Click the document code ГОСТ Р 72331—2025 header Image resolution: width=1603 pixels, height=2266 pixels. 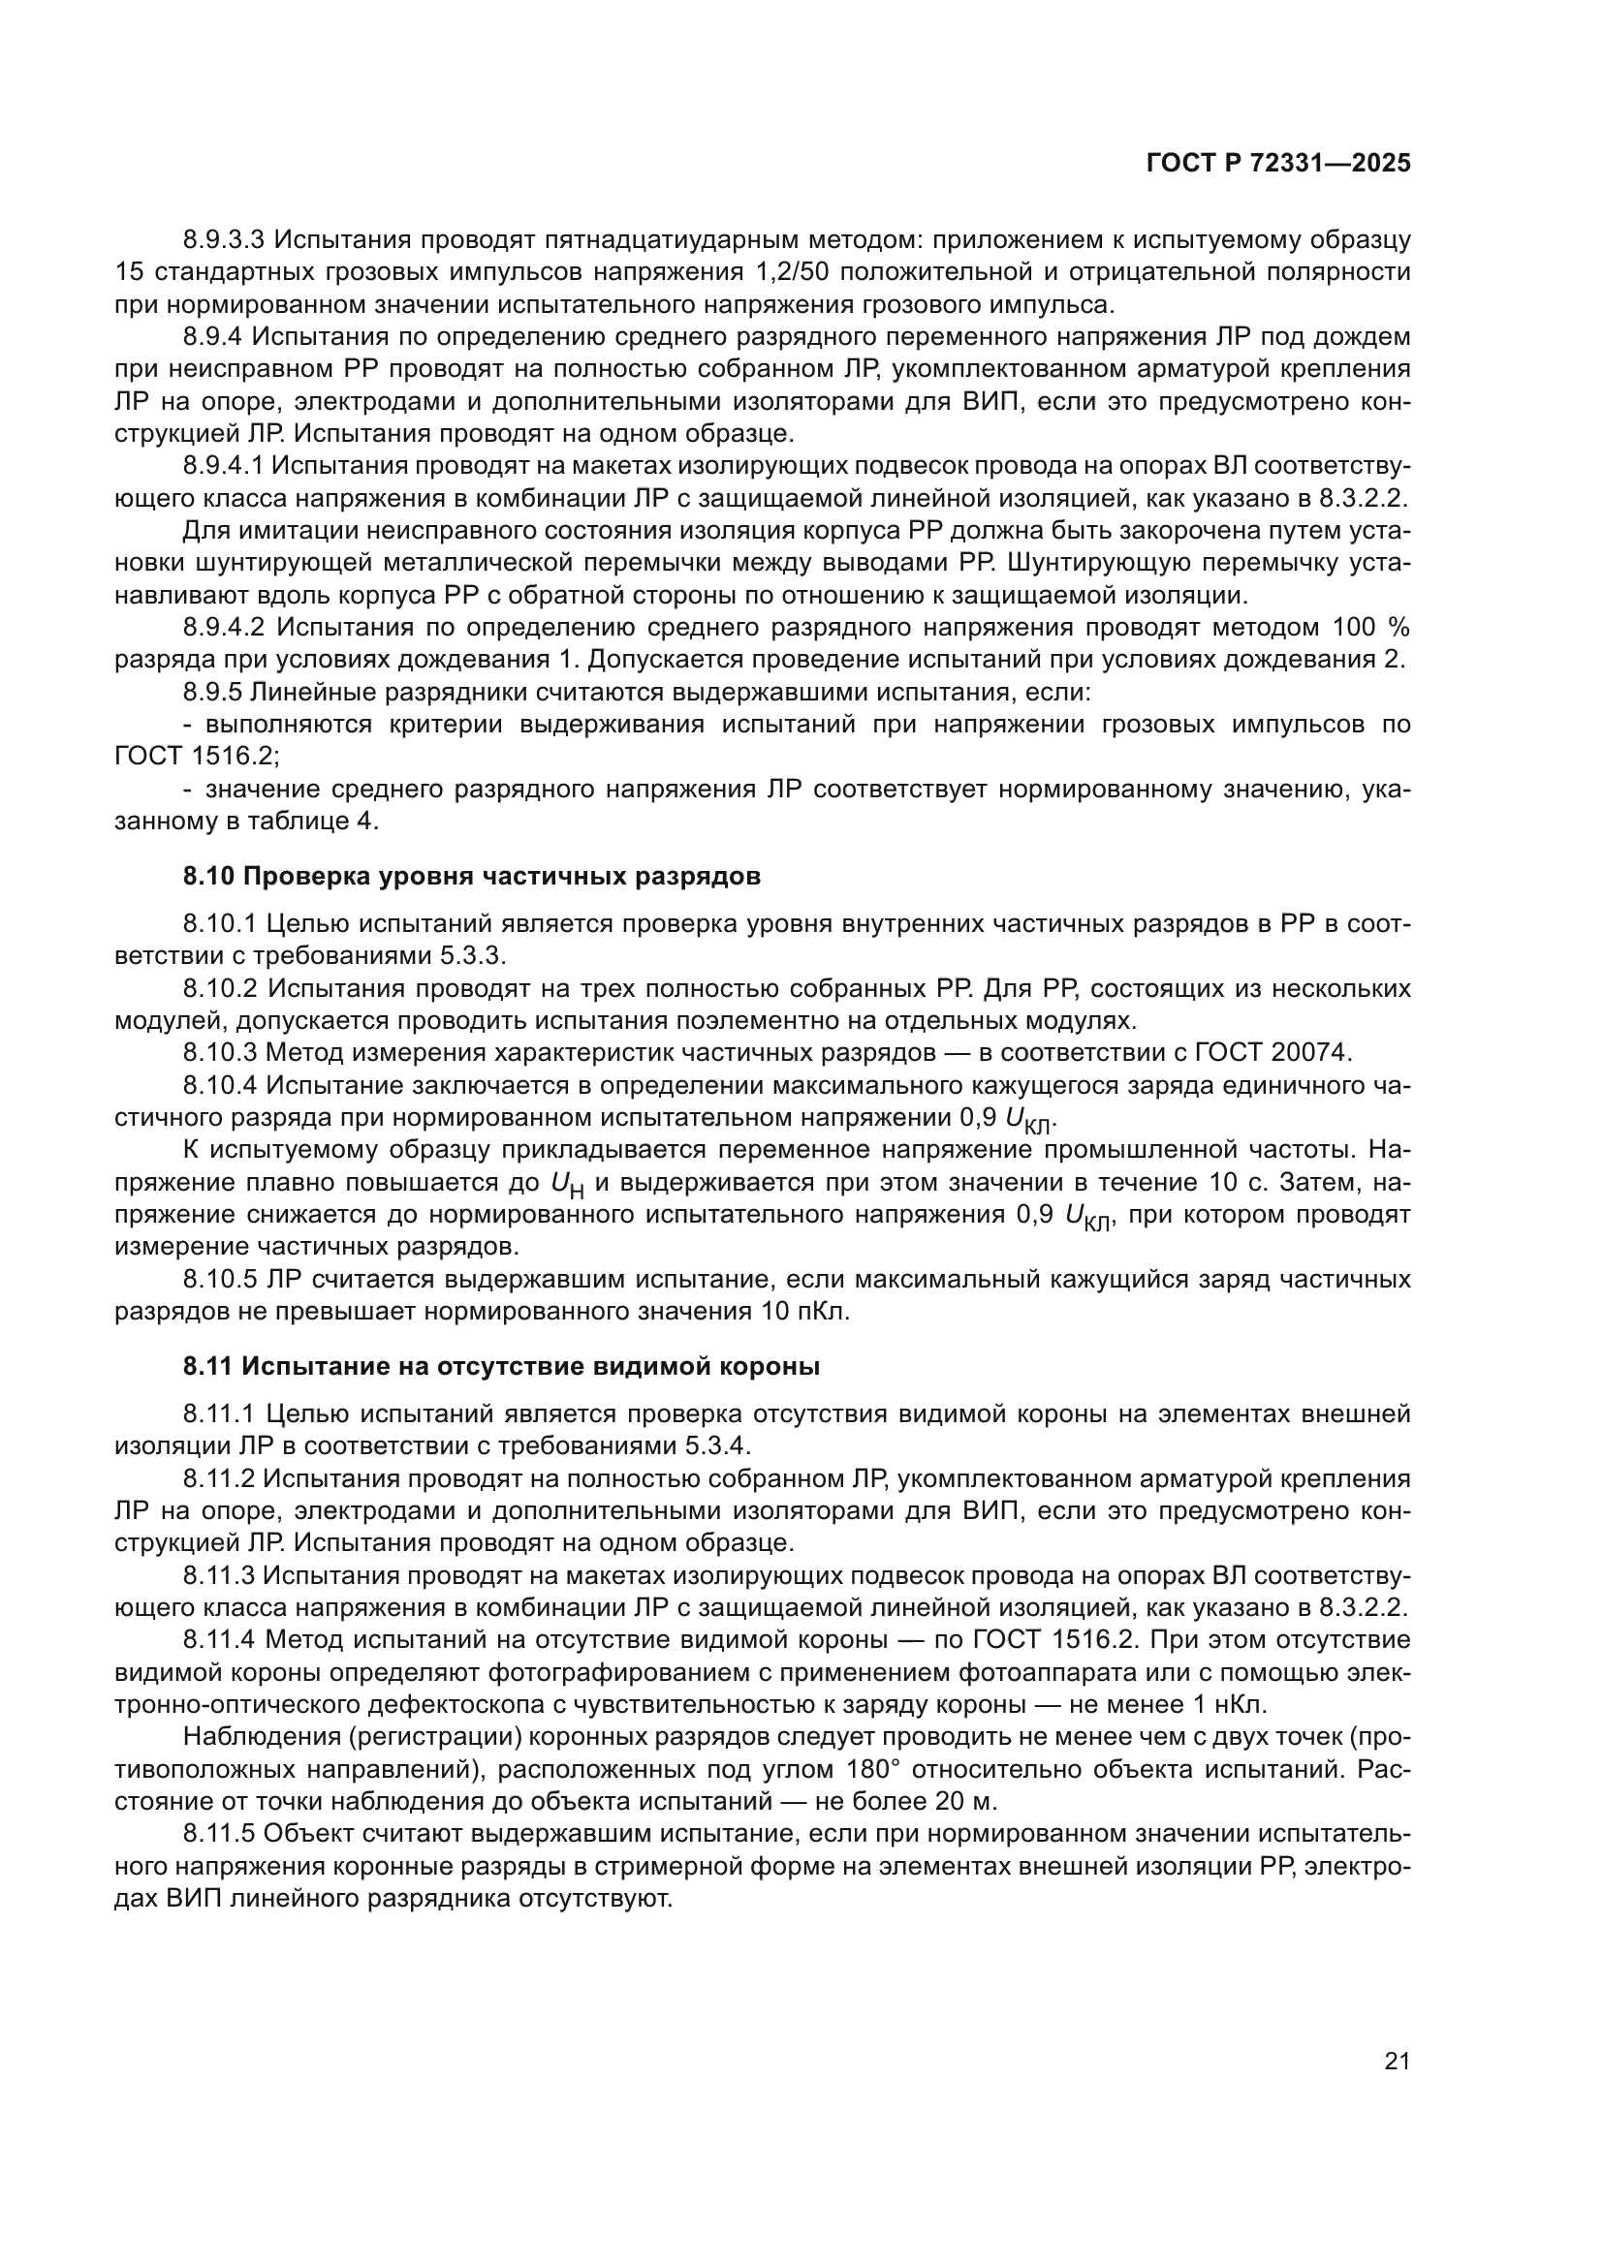point(1278,164)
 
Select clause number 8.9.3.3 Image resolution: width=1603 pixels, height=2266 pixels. point(224,240)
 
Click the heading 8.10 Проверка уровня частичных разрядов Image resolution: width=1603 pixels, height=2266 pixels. point(471,877)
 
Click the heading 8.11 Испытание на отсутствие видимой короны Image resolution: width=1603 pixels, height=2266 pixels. point(500,1367)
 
